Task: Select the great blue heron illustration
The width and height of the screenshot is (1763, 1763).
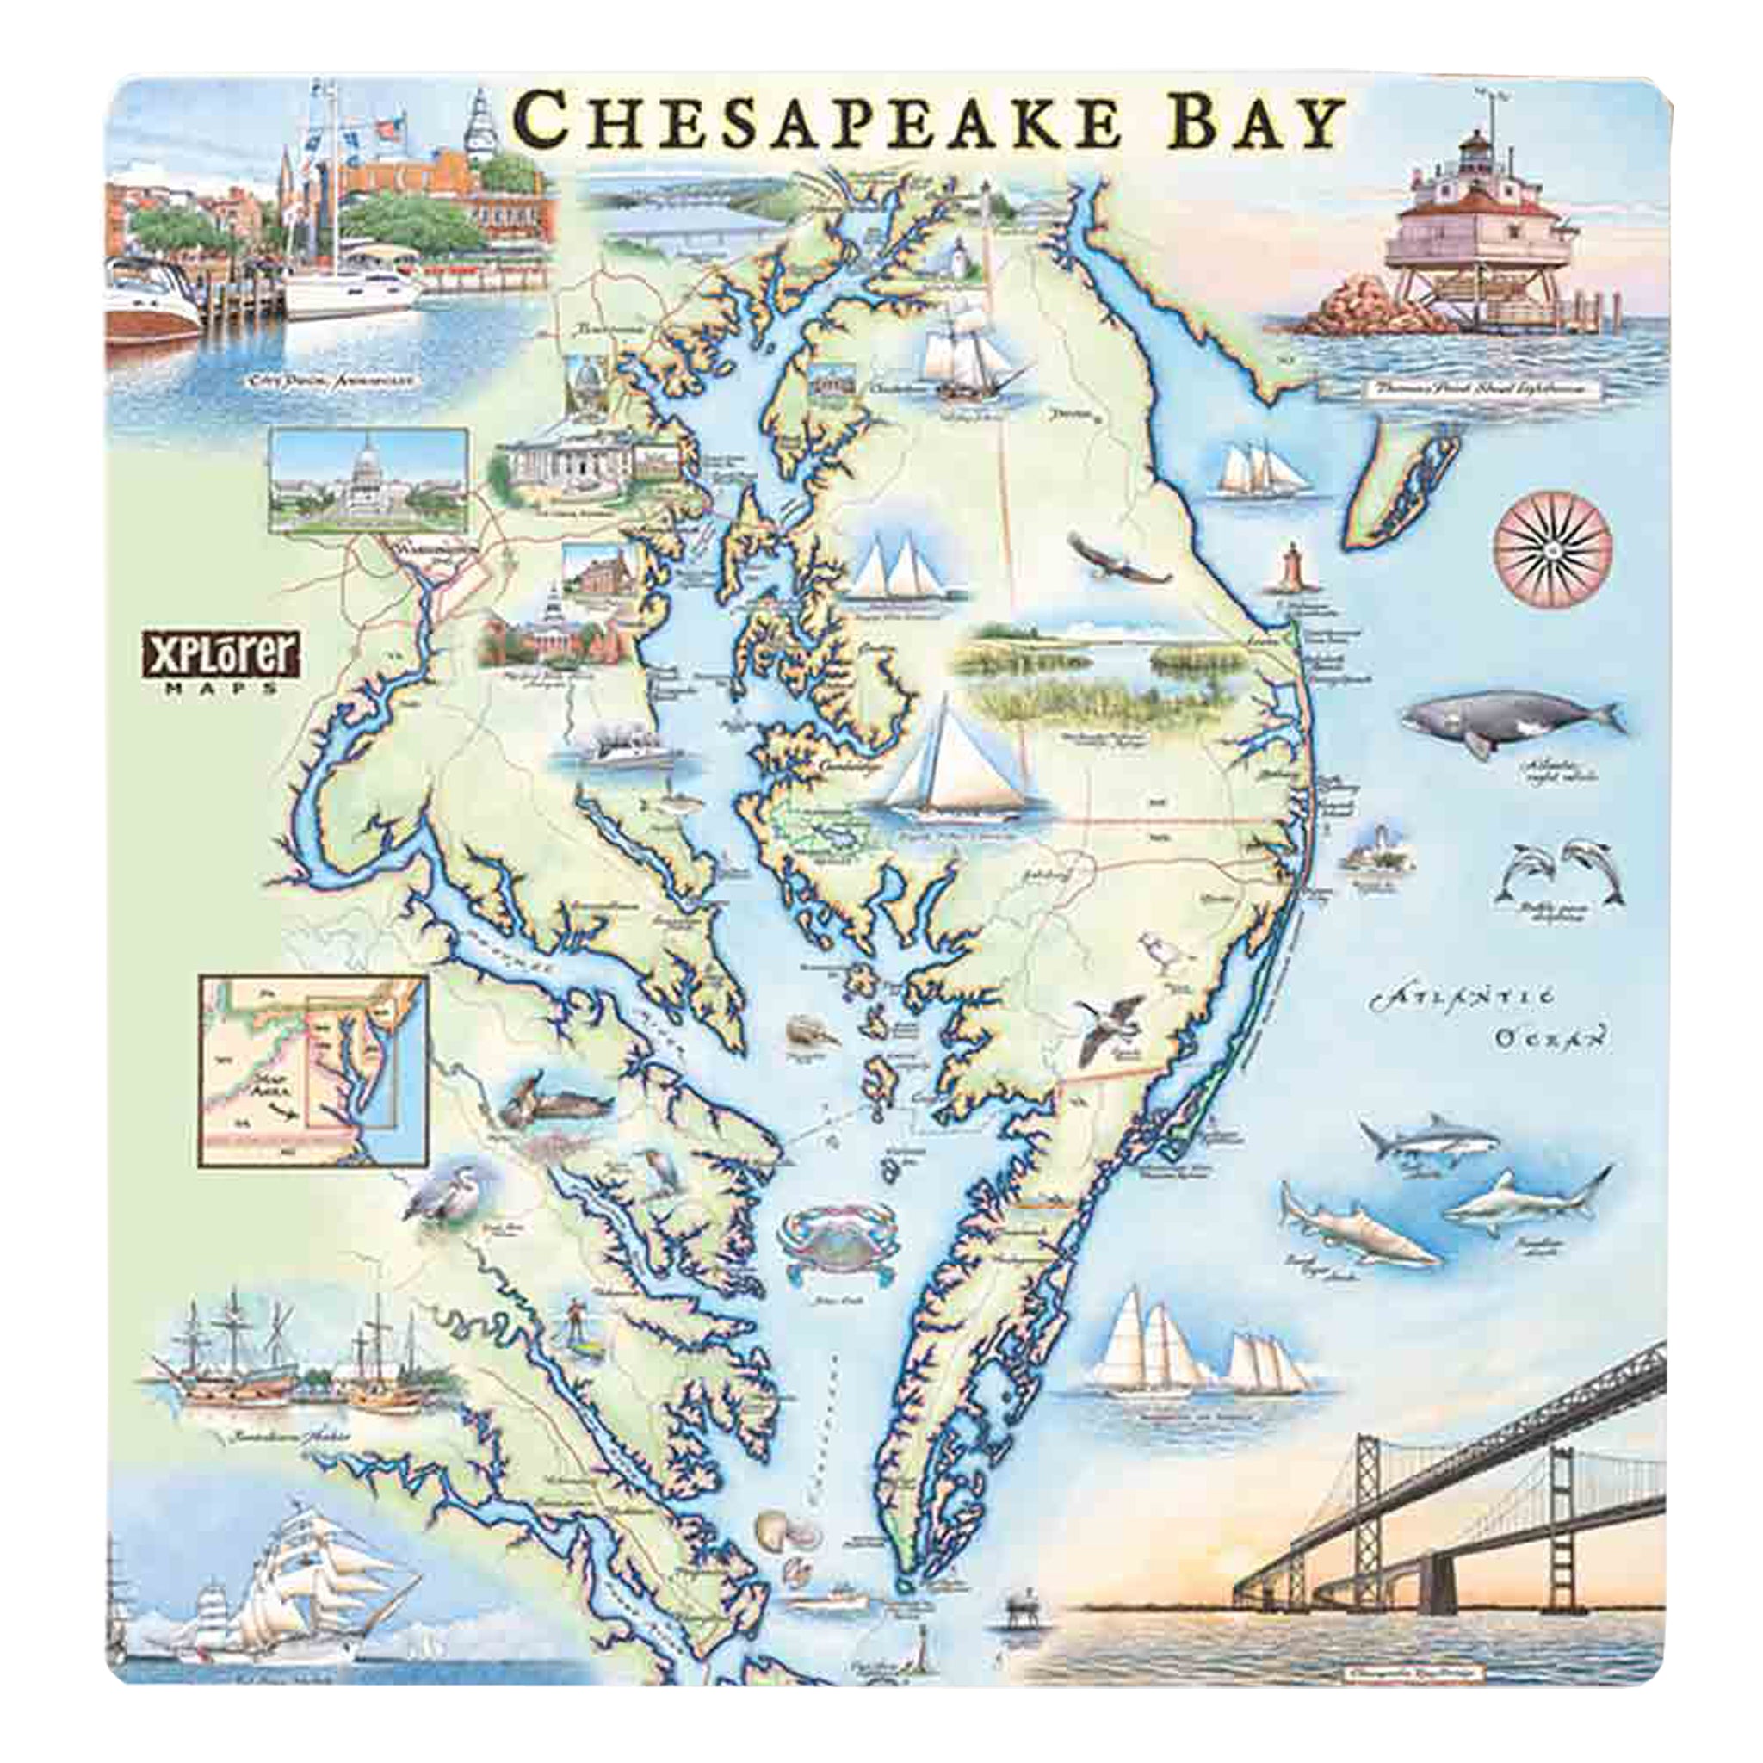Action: point(436,1190)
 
